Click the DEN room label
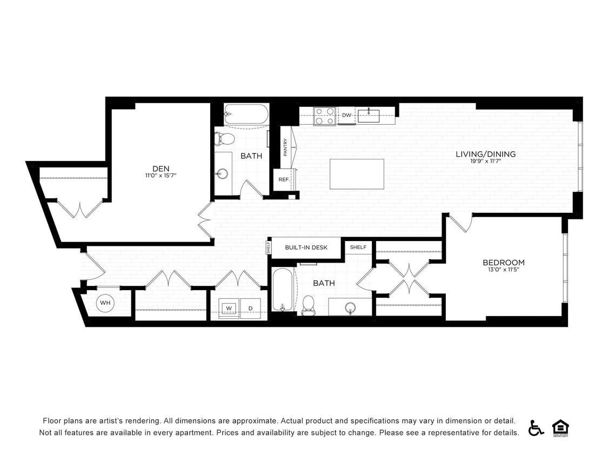pyautogui.click(x=161, y=167)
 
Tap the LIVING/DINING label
pyautogui.click(x=485, y=154)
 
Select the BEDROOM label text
pyautogui.click(x=503, y=263)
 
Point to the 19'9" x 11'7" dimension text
pyautogui.click(x=485, y=161)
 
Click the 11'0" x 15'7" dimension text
pyautogui.click(x=161, y=175)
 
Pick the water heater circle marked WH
pyautogui.click(x=105, y=303)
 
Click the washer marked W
pyautogui.click(x=229, y=309)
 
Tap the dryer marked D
pyautogui.click(x=250, y=309)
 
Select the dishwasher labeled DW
pyautogui.click(x=346, y=115)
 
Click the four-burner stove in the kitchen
pyautogui.click(x=325, y=116)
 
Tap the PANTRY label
pyautogui.click(x=285, y=147)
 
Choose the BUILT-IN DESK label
pyautogui.click(x=306, y=247)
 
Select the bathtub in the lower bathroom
pyautogui.click(x=282, y=290)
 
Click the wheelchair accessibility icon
pyautogui.click(x=536, y=427)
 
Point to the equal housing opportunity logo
pyautogui.click(x=560, y=427)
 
